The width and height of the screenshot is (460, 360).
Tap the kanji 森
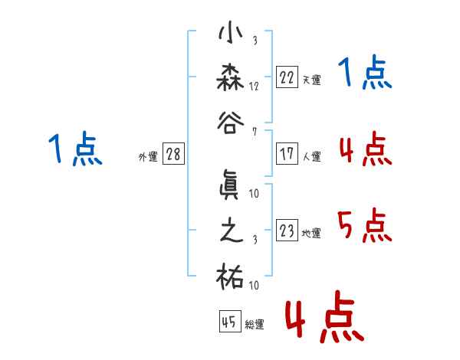click(x=230, y=77)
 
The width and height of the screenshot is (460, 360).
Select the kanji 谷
click(x=231, y=123)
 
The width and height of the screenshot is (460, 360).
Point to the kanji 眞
click(x=230, y=185)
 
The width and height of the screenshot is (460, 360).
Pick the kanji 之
click(x=232, y=231)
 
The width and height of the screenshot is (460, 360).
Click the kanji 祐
click(x=230, y=277)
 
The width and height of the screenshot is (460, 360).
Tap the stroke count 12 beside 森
click(x=254, y=87)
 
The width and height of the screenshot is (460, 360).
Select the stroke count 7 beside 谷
click(x=255, y=132)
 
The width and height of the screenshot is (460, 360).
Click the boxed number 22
click(x=287, y=77)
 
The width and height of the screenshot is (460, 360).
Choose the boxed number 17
click(x=287, y=154)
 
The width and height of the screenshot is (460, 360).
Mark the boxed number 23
click(x=287, y=230)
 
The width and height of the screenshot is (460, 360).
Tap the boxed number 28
click(x=173, y=154)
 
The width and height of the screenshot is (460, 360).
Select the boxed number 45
click(x=230, y=321)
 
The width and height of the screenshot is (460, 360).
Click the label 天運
click(x=312, y=80)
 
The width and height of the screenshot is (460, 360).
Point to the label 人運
click(x=312, y=156)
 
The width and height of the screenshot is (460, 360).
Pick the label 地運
click(x=311, y=233)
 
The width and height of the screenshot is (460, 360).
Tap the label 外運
click(x=148, y=157)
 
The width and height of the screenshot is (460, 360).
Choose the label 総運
click(x=255, y=325)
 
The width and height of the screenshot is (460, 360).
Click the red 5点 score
click(x=365, y=225)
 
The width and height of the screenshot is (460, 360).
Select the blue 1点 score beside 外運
click(x=75, y=149)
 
